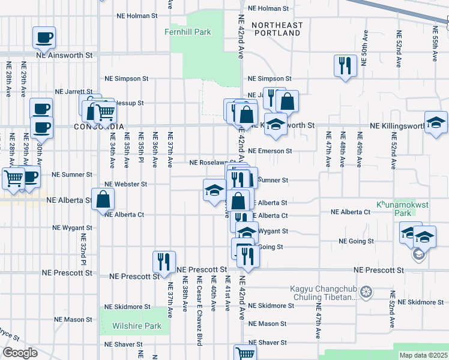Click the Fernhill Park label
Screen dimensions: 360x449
point(188,32)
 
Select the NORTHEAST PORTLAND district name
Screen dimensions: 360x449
point(277,29)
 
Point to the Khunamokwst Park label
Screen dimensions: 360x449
point(402,208)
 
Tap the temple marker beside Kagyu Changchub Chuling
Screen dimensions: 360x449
point(367,293)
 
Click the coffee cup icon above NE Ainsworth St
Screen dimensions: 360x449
point(44,38)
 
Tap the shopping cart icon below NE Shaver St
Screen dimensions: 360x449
point(245,353)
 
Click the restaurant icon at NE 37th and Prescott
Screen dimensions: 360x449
point(164,262)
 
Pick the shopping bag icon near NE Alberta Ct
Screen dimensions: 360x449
point(103,199)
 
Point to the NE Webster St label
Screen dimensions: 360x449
point(125,184)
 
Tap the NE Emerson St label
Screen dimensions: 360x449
point(270,151)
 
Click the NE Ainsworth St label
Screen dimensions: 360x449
point(65,55)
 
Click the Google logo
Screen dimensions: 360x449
point(20,353)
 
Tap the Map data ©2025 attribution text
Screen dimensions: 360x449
point(423,355)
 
